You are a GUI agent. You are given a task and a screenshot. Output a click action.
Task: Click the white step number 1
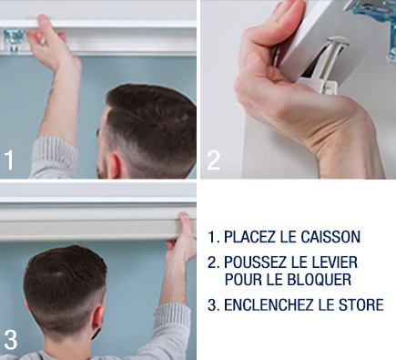(9, 159)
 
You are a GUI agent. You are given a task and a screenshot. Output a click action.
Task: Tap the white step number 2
(214, 160)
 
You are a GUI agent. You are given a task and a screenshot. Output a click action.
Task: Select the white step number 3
(11, 340)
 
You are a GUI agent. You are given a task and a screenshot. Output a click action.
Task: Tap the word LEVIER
(335, 262)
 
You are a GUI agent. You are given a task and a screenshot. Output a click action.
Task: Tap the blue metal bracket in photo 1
(14, 40)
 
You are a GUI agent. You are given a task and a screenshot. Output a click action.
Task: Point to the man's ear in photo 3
(97, 321)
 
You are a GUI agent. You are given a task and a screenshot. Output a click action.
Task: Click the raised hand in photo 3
(181, 239)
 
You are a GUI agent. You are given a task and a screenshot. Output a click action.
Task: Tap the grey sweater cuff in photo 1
(55, 157)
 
